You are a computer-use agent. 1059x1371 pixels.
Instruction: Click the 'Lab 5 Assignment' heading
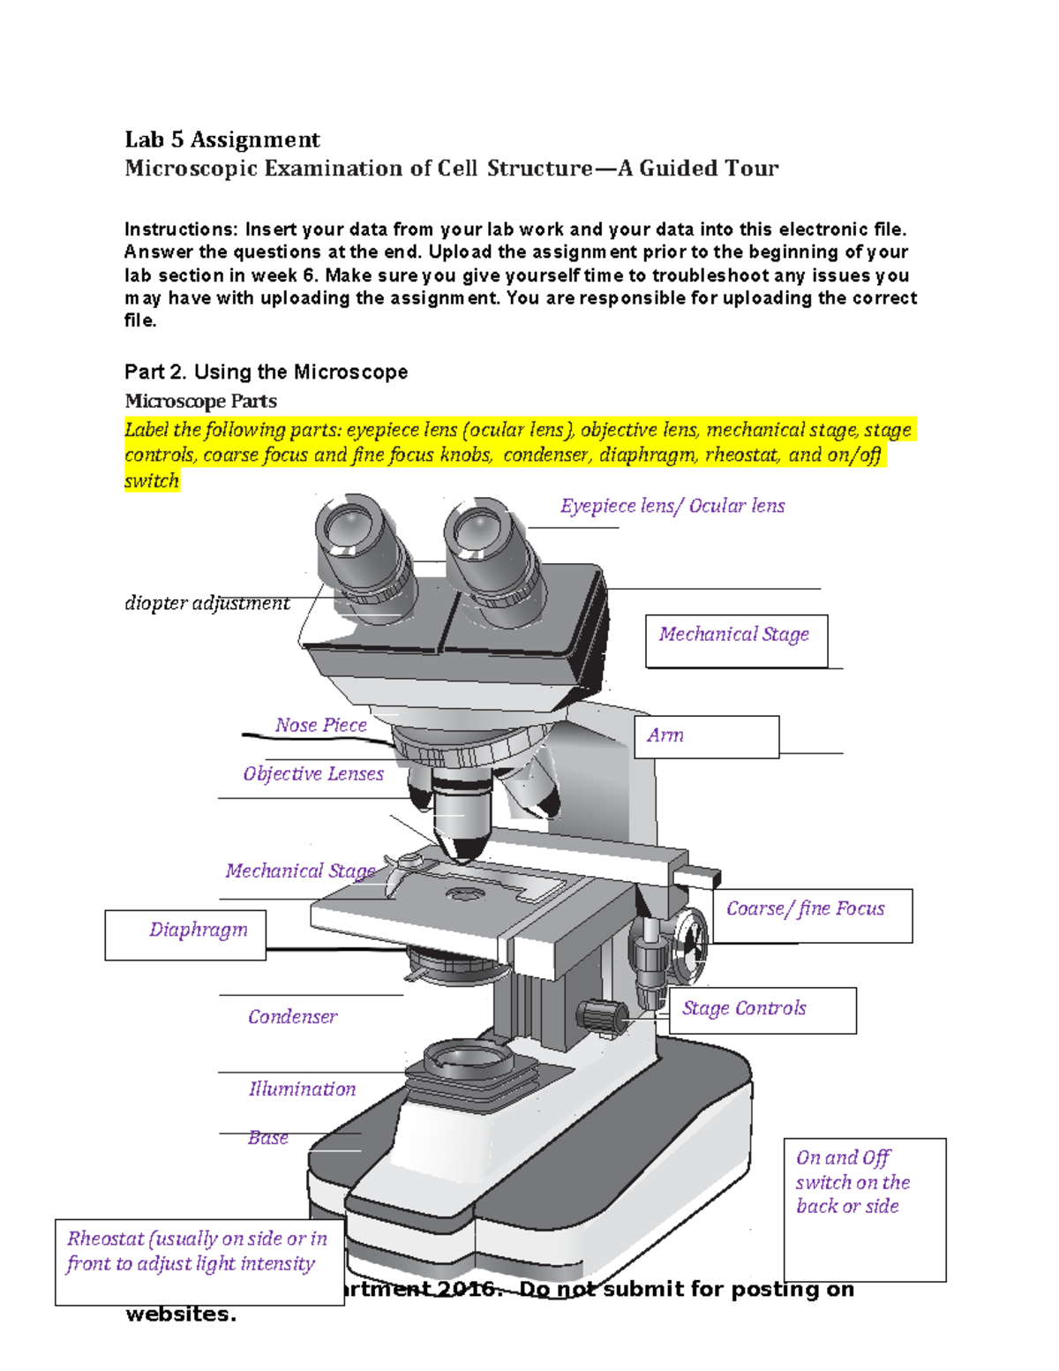[222, 139]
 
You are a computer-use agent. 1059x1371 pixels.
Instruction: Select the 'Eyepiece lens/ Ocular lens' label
[672, 506]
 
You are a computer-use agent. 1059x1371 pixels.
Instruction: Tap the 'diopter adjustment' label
[207, 603]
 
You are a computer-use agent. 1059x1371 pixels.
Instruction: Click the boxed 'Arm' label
[706, 736]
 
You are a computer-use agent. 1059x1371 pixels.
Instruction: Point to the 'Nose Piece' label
[320, 725]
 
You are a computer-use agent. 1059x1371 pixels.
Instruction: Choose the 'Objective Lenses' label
[313, 773]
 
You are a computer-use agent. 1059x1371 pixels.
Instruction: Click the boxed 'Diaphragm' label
[185, 934]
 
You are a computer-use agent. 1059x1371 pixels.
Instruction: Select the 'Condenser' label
[292, 1016]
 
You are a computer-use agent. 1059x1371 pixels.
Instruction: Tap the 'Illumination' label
[302, 1089]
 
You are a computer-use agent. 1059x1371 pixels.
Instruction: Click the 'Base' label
[268, 1137]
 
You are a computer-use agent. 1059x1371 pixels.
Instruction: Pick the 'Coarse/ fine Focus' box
[811, 915]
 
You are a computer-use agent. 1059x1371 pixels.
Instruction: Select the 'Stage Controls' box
[762, 1010]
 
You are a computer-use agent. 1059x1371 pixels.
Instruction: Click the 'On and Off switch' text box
[864, 1208]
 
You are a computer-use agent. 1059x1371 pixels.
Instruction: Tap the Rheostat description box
[199, 1262]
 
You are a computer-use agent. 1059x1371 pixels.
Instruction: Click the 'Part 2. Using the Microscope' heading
[266, 372]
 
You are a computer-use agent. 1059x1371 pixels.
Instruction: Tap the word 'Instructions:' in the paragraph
[181, 230]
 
